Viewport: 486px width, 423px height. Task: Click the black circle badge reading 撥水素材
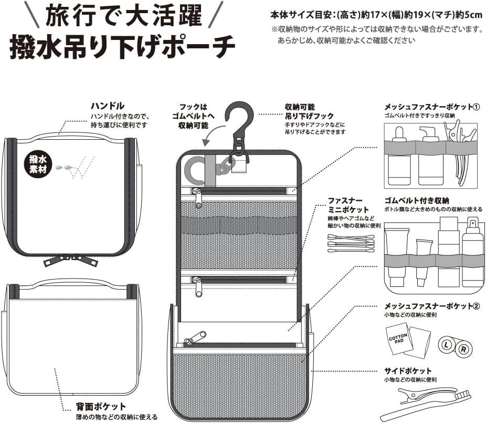(38, 164)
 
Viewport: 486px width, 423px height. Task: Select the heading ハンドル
(108, 106)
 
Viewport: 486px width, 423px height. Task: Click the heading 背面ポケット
(101, 406)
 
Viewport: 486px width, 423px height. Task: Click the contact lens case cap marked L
(447, 345)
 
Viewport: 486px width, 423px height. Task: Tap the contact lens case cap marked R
(463, 349)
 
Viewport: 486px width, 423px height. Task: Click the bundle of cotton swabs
(351, 243)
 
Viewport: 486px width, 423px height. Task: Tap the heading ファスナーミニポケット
(348, 205)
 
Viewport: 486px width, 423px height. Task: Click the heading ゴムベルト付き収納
(417, 201)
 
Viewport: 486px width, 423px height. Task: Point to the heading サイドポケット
(408, 371)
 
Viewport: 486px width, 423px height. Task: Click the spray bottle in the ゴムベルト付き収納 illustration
(472, 252)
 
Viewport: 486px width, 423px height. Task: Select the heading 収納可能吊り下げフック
(309, 111)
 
